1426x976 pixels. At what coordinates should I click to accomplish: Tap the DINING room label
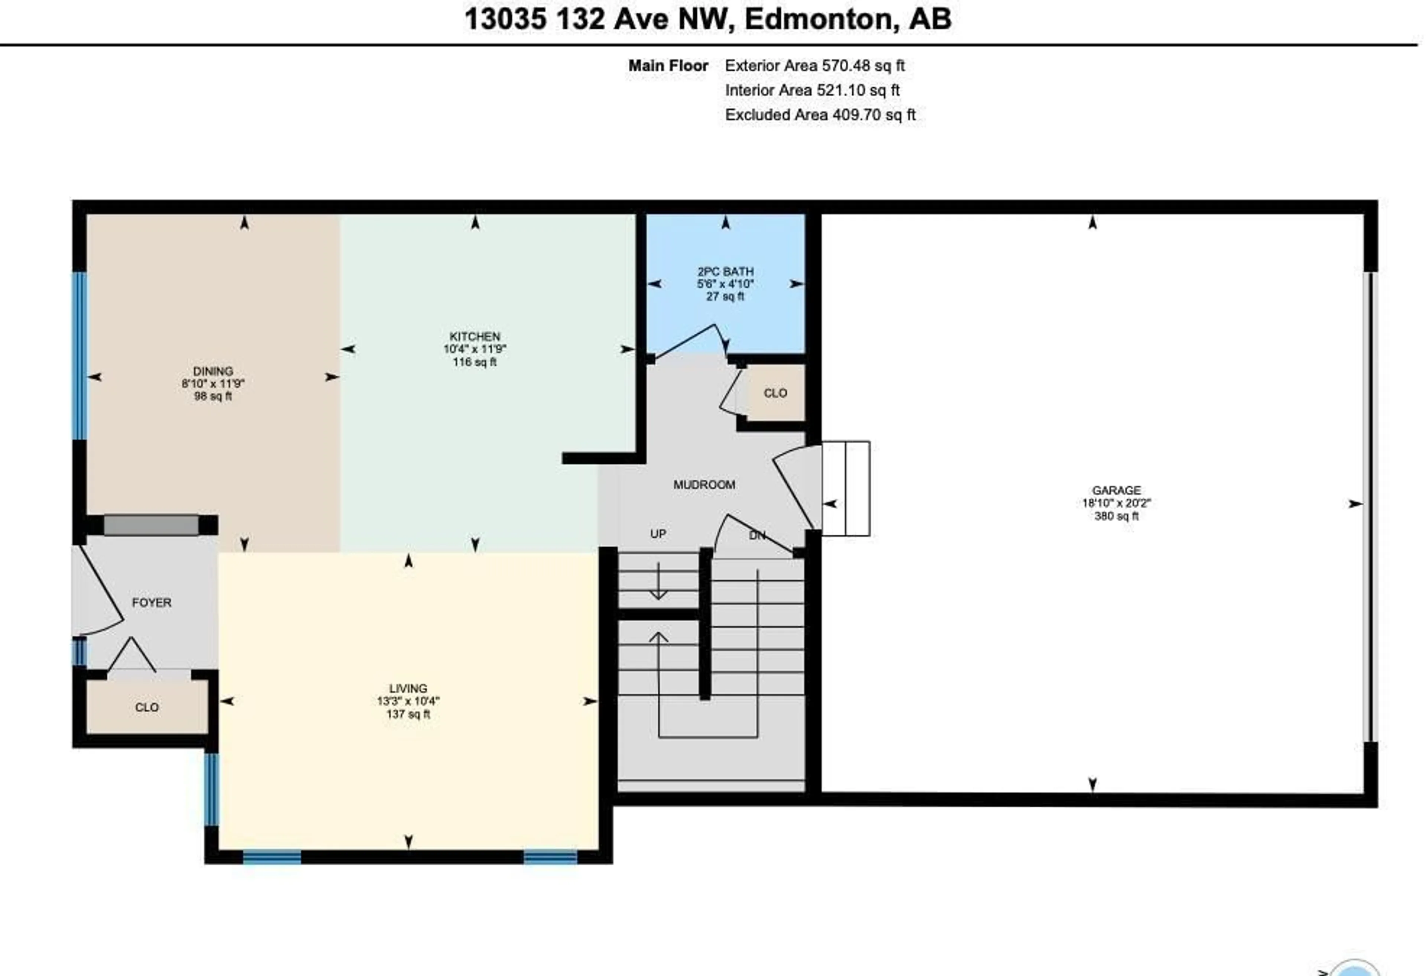point(213,371)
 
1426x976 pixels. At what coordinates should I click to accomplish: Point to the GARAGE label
point(1116,490)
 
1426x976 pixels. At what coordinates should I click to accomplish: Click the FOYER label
point(152,603)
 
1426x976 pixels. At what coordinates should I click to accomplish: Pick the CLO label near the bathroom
point(775,393)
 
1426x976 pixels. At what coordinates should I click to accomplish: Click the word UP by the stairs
point(658,534)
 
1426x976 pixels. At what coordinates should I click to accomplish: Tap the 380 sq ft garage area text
point(1116,516)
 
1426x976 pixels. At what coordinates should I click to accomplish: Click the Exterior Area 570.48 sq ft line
point(814,66)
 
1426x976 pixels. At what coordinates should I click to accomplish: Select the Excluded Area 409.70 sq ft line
point(820,115)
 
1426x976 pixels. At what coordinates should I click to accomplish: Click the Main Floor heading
point(668,66)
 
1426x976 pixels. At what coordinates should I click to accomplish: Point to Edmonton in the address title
point(817,19)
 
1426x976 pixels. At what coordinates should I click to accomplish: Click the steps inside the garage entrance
point(846,488)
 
